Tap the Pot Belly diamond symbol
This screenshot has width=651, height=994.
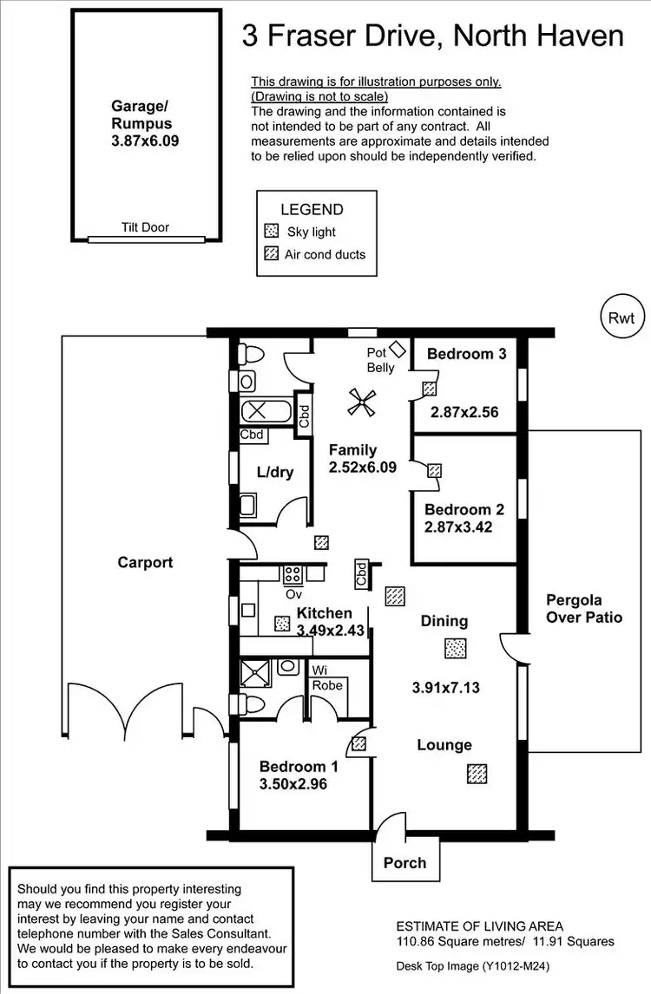[398, 349]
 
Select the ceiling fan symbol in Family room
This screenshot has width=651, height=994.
[358, 401]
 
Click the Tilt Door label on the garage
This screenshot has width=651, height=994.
[145, 227]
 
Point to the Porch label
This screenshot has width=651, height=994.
[404, 862]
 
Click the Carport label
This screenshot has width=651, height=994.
[145, 562]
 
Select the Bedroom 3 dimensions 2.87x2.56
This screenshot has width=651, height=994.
[464, 412]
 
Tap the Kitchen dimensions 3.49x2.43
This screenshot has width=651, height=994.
[330, 631]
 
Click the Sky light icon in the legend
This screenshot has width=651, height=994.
[271, 232]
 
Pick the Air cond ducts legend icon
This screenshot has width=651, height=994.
[271, 254]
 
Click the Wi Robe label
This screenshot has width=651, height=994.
[328, 677]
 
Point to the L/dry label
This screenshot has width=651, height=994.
[274, 472]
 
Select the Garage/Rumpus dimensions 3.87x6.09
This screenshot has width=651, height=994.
[145, 139]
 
